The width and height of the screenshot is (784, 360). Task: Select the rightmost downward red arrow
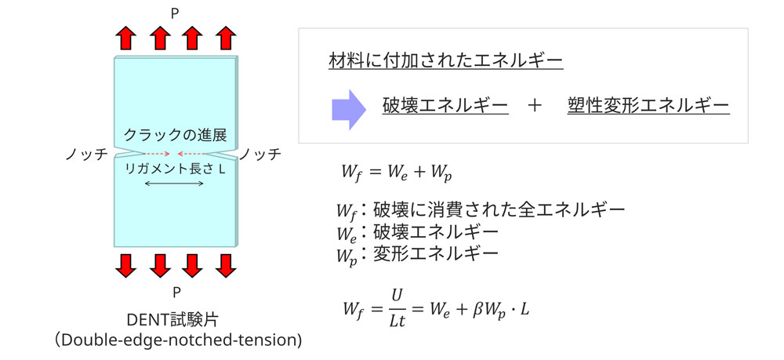(x=226, y=267)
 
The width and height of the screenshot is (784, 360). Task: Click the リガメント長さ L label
(x=176, y=168)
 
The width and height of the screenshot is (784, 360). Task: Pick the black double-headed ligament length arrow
(x=175, y=184)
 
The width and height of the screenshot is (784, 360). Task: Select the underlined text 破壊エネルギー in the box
(x=445, y=105)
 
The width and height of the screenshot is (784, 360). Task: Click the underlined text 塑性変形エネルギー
(x=648, y=105)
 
